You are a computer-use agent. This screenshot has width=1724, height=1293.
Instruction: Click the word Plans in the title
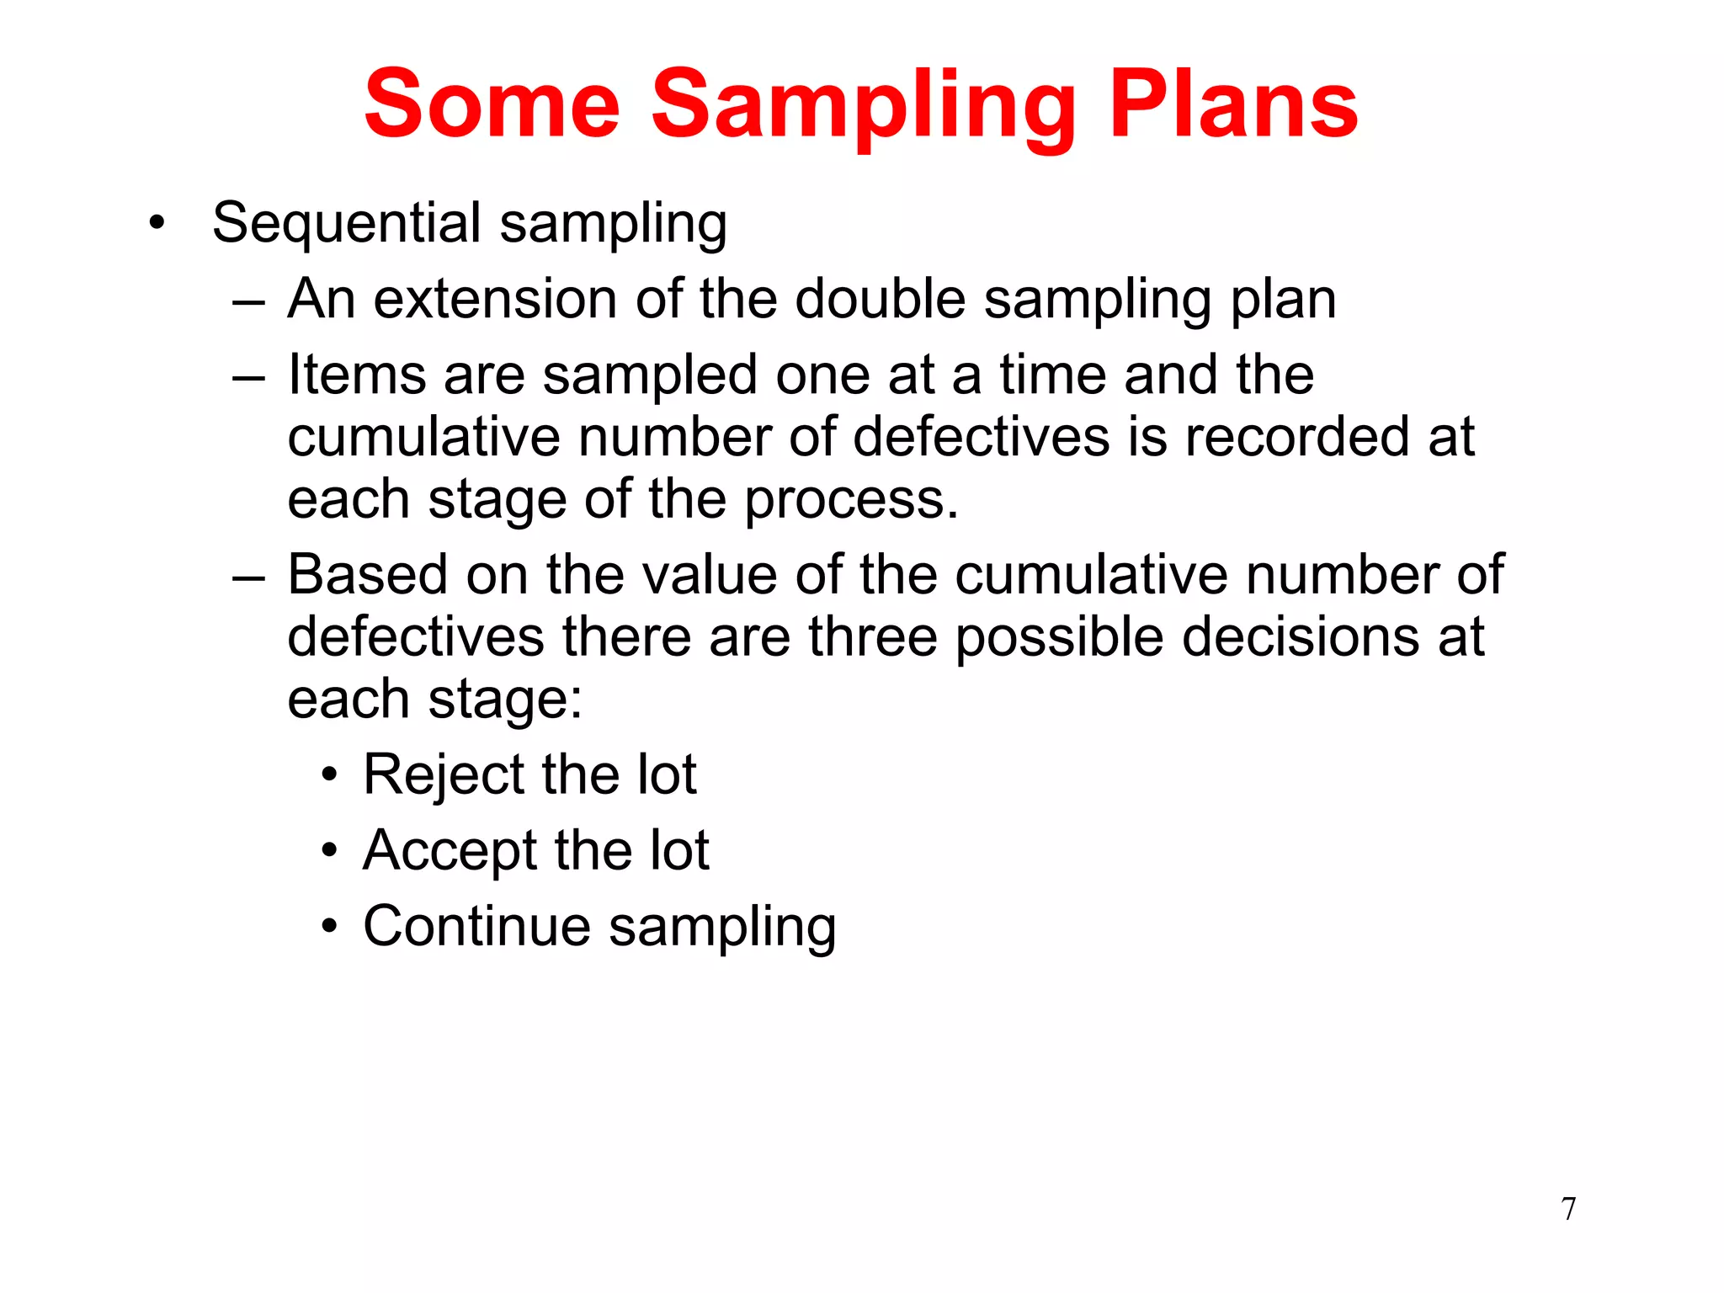(x=1233, y=104)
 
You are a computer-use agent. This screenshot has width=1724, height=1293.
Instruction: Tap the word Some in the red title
(x=492, y=104)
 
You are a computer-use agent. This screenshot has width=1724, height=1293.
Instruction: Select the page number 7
(x=1568, y=1209)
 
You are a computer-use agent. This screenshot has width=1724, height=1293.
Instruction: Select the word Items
(x=357, y=375)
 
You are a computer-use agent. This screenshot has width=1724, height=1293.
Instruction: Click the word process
(x=852, y=501)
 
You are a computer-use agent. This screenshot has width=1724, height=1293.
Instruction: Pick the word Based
(x=368, y=575)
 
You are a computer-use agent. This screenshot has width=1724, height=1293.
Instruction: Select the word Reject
(x=442, y=774)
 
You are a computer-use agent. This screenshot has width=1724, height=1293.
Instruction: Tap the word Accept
(x=450, y=850)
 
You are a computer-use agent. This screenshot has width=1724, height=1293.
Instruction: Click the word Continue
(x=476, y=926)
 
